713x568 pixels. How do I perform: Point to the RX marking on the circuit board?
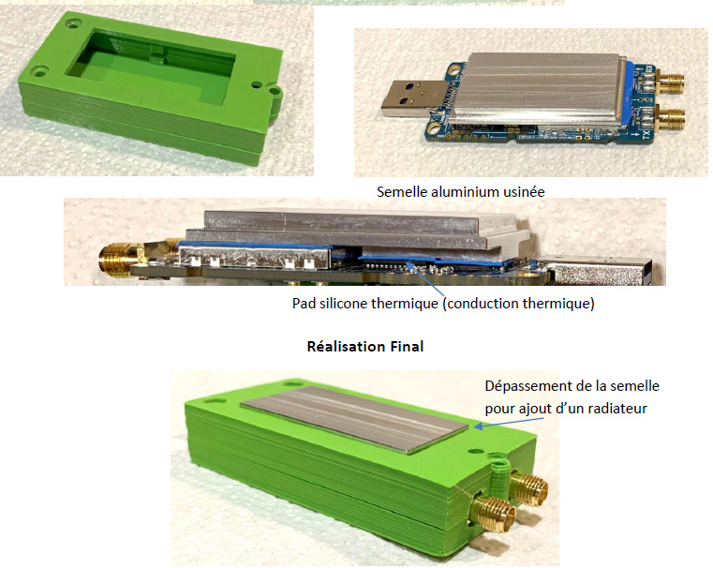pos(649,69)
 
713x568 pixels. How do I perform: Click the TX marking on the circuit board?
pos(646,134)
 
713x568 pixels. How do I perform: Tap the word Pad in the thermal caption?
pos(304,304)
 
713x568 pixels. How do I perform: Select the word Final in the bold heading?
pos(407,347)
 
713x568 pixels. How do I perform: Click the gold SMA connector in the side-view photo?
pos(122,259)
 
